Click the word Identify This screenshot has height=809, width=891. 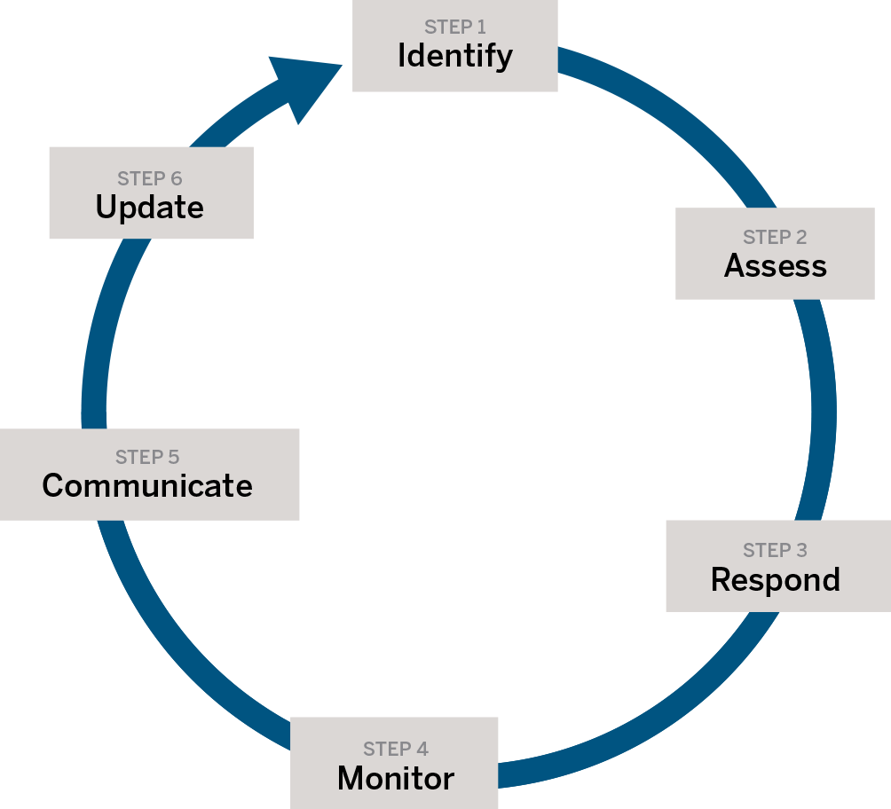(x=454, y=56)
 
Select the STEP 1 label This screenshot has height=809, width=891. (x=454, y=27)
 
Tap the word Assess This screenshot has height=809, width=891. (x=775, y=266)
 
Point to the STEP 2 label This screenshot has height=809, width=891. (x=775, y=237)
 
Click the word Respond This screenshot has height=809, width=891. (x=775, y=580)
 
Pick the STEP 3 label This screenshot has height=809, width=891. (x=775, y=551)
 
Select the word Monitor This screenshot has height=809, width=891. (x=396, y=779)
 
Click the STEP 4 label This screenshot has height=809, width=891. (x=396, y=750)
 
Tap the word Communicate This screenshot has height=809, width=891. (x=147, y=486)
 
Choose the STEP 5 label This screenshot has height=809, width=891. (x=147, y=458)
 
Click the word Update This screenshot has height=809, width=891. (x=150, y=208)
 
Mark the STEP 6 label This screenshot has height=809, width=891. (x=150, y=178)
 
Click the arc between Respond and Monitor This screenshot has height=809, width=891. (x=674, y=710)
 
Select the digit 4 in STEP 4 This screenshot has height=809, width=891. (x=422, y=750)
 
